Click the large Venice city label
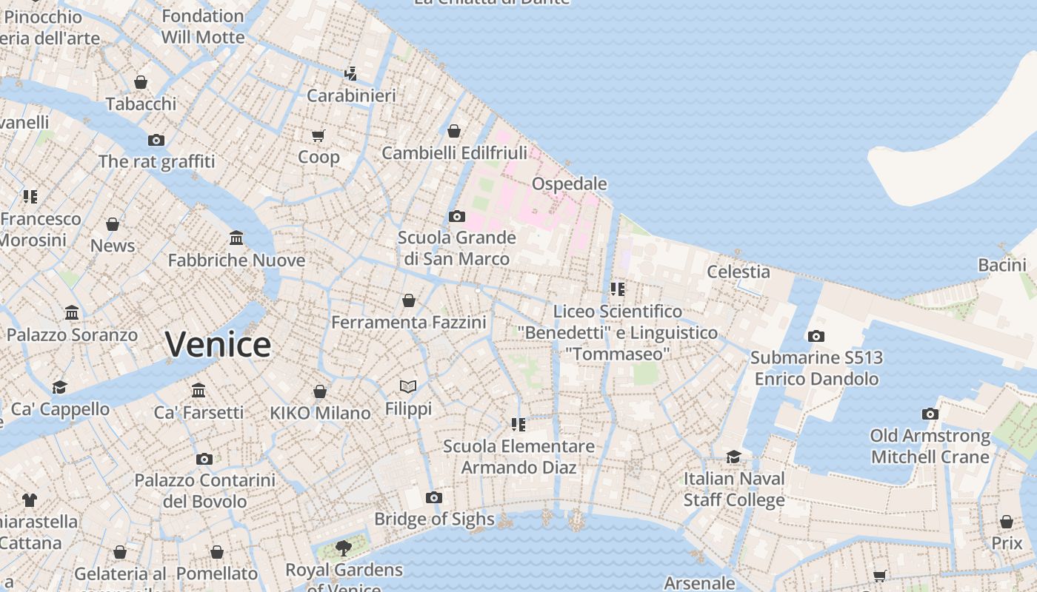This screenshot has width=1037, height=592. [218, 345]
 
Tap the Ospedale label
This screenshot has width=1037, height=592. [570, 184]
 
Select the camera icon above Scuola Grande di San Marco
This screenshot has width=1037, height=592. [457, 216]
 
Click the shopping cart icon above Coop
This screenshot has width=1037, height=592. [319, 135]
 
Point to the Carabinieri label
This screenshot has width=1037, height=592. [351, 95]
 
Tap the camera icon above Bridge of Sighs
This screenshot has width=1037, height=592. [434, 497]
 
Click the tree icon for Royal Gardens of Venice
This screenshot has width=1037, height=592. [343, 548]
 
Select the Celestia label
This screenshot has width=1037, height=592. [738, 272]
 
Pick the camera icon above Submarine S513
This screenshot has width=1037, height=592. [816, 336]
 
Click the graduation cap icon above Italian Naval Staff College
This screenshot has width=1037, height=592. [733, 457]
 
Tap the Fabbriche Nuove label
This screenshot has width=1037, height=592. [236, 260]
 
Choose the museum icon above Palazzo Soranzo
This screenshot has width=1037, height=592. [72, 313]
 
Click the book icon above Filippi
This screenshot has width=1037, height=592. [408, 386]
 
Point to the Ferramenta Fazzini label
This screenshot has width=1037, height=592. [408, 323]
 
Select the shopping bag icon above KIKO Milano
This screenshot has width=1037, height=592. [320, 391]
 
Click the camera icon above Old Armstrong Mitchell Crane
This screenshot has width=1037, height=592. [930, 414]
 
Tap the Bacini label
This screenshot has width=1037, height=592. [1002, 265]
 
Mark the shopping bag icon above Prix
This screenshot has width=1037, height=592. [1007, 522]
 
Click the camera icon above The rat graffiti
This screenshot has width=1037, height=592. [156, 140]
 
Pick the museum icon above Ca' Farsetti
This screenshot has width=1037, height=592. [199, 391]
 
